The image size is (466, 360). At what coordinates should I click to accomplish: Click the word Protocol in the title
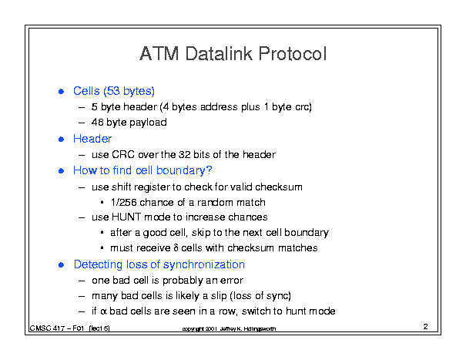click(x=293, y=53)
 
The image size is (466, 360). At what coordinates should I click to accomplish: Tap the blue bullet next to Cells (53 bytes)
click(x=61, y=91)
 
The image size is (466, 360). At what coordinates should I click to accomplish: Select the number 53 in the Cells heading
click(x=113, y=91)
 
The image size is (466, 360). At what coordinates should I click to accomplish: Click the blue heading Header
click(x=92, y=139)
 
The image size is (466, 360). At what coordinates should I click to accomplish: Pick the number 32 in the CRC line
click(x=184, y=154)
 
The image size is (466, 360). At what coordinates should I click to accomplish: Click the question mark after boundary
click(x=209, y=170)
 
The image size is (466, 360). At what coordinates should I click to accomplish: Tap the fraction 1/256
click(x=123, y=202)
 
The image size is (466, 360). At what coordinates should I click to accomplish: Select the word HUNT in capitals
click(x=126, y=217)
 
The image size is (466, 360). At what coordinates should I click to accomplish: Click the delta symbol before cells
click(x=176, y=247)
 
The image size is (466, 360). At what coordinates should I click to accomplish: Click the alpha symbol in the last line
click(x=103, y=311)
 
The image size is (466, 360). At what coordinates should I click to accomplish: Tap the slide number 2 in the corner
click(x=426, y=326)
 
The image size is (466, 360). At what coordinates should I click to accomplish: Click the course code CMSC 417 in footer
click(x=47, y=328)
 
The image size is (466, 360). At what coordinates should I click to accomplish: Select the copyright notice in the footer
click(x=229, y=328)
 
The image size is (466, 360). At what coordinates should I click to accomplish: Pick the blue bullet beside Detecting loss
click(x=61, y=264)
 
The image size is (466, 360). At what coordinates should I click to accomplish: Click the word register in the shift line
click(x=150, y=187)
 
